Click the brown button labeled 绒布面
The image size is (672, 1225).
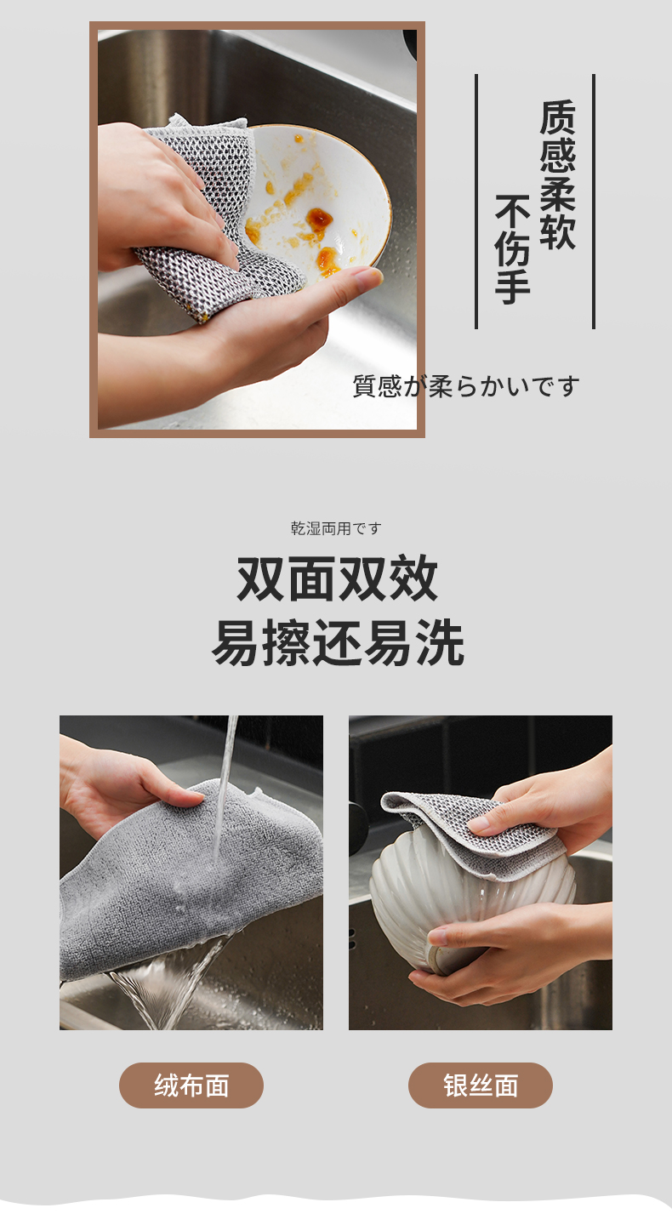pos(191,1085)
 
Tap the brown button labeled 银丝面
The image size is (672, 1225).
pos(481,1085)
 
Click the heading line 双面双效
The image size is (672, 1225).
pos(338,578)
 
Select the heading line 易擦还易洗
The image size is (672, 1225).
pos(338,642)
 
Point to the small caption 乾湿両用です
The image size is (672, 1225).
pos(336,528)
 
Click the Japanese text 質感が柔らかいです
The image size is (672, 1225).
pos(466,386)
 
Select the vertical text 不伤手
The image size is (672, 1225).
pos(512,249)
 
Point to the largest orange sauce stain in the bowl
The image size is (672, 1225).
pos(319,219)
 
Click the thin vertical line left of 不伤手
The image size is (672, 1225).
pos(476,202)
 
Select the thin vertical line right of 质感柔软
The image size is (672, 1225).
pos(594,202)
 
